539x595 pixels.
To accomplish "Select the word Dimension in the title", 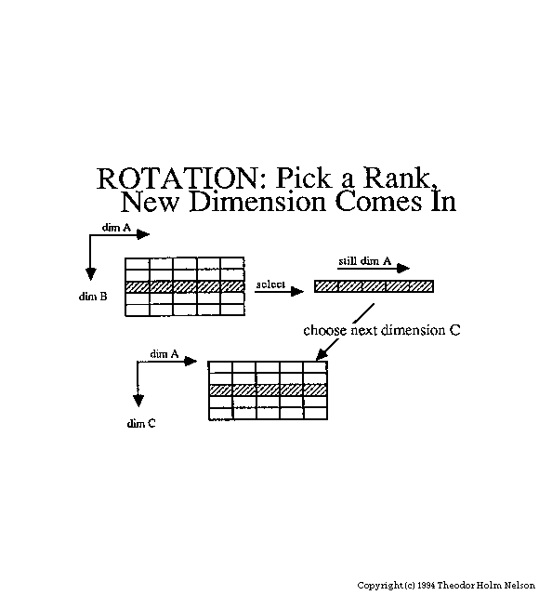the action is [x=257, y=201].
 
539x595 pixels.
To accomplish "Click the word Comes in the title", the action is [x=378, y=201].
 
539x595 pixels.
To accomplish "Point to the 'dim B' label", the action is [x=93, y=297].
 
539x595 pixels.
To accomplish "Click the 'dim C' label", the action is [x=141, y=423].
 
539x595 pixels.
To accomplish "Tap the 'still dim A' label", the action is [x=364, y=260].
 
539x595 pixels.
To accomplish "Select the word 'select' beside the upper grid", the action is [x=270, y=284].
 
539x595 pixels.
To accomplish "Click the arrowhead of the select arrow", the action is [x=297, y=291].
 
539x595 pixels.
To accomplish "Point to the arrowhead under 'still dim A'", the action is [x=403, y=269].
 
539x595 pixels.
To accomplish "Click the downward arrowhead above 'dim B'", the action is [x=90, y=273].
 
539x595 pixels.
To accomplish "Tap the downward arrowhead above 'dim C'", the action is [x=138, y=401].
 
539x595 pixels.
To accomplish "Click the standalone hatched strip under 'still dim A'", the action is [x=374, y=286].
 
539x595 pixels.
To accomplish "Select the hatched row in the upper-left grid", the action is [x=185, y=286].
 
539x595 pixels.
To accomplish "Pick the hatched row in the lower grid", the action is [x=268, y=390].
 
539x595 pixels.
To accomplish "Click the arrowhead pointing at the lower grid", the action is [x=321, y=355].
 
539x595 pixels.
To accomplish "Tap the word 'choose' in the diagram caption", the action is [x=325, y=330].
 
